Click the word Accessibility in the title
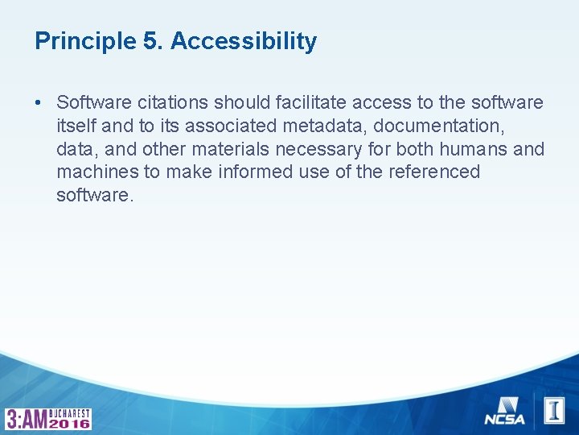pyautogui.click(x=244, y=41)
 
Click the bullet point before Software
pyautogui.click(x=39, y=103)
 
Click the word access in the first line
pyautogui.click(x=373, y=103)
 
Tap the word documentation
pyautogui.click(x=435, y=126)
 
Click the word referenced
pyautogui.click(x=435, y=172)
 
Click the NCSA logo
pyautogui.click(x=504, y=411)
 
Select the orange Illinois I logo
pyautogui.click(x=554, y=411)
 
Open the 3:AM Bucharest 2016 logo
pyautogui.click(x=48, y=418)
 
